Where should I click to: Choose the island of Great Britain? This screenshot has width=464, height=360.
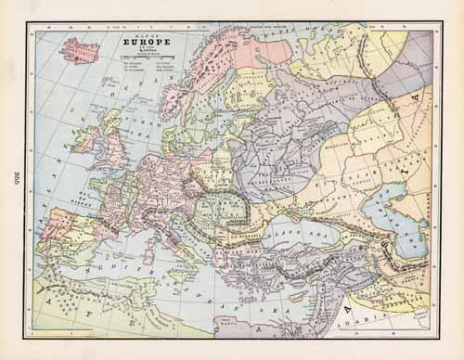click(x=115, y=148)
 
